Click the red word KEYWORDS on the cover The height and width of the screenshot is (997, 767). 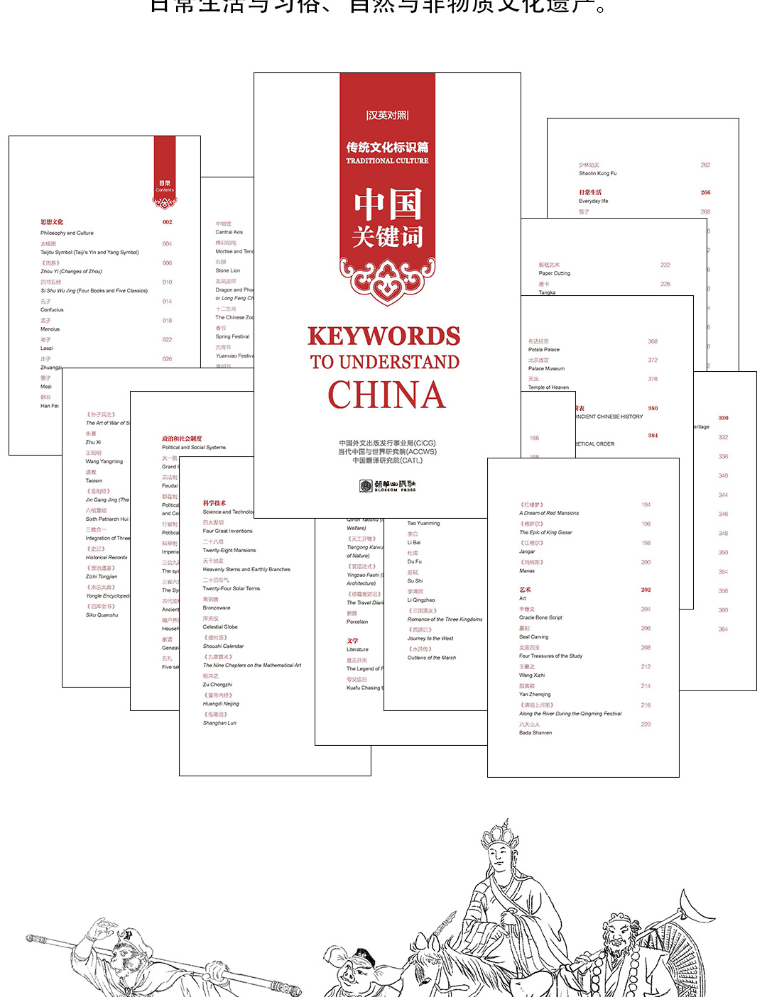(x=383, y=336)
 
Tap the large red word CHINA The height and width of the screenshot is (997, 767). (x=387, y=395)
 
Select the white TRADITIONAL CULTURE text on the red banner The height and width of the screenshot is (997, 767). (x=387, y=161)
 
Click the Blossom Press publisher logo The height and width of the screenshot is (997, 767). (x=387, y=485)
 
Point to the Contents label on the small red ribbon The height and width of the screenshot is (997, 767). (x=165, y=189)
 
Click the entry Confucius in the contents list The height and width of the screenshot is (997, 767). (x=52, y=310)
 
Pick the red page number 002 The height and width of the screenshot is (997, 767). (x=167, y=222)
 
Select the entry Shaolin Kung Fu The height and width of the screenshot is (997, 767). (x=597, y=173)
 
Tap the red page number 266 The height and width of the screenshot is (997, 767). (x=705, y=192)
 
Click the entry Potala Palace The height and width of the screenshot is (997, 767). (x=544, y=350)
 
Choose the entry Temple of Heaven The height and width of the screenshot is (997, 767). (x=548, y=387)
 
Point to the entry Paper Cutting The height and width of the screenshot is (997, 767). (x=554, y=273)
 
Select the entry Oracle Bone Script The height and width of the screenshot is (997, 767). (x=540, y=617)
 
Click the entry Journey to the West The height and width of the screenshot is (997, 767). (x=430, y=639)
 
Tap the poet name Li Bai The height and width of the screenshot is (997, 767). (x=413, y=542)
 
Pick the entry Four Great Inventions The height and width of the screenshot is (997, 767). (x=227, y=531)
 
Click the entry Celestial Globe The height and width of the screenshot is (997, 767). (x=220, y=627)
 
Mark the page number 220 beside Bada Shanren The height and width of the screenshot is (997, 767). (x=646, y=725)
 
